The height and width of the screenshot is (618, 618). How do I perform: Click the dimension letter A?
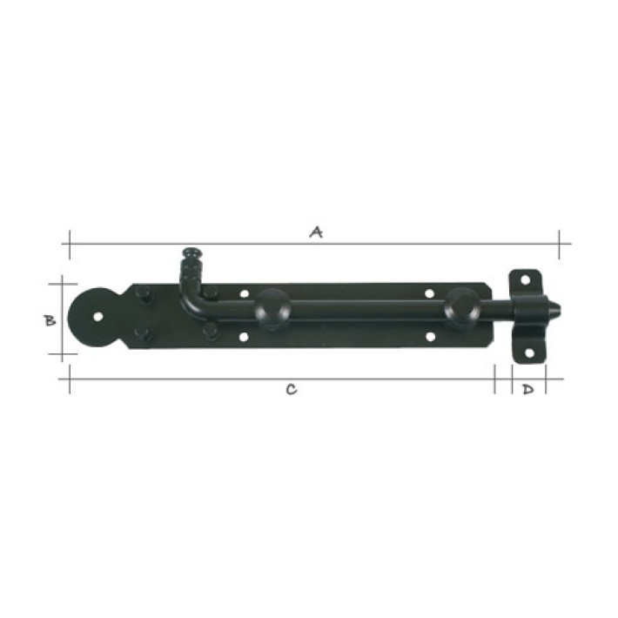point(316,232)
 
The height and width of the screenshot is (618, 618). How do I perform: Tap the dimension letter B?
point(50,321)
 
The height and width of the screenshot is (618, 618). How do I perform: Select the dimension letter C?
point(292,389)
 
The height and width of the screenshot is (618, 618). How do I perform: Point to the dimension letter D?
point(528,389)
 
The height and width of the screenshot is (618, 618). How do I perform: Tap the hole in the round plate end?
point(97,317)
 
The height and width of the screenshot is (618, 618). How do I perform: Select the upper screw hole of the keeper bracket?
point(525,279)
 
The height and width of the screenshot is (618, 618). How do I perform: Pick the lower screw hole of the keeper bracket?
point(529,353)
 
